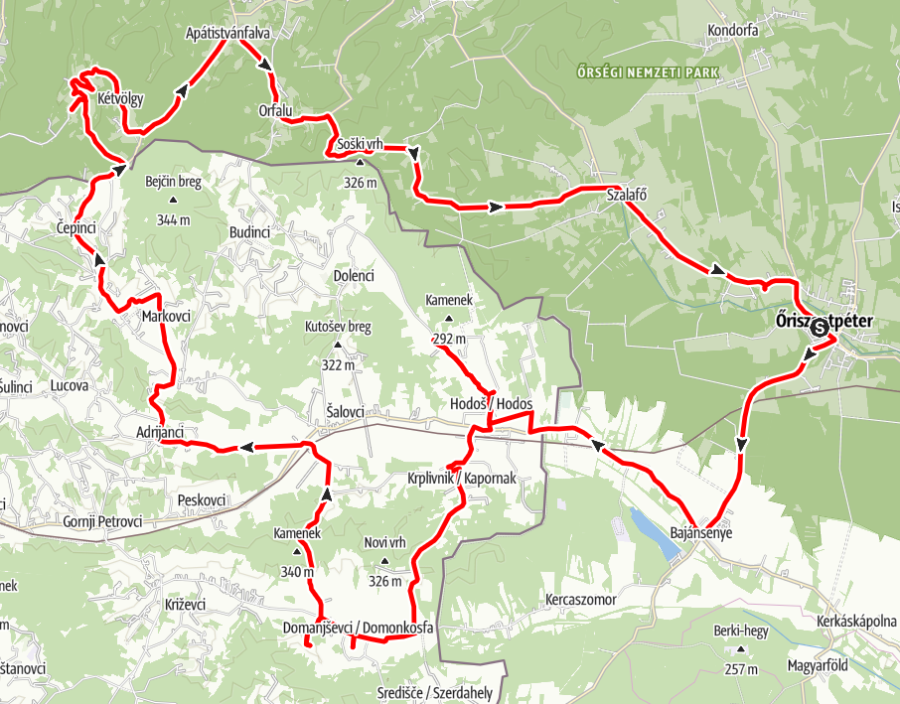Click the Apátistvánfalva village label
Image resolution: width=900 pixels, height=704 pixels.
pos(227,33)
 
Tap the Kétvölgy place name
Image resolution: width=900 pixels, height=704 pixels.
pos(121,99)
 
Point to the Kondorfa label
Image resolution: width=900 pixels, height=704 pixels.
pos(733,31)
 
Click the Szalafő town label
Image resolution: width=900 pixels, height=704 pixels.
pos(627,195)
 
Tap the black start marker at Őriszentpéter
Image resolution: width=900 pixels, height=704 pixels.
pos(820,328)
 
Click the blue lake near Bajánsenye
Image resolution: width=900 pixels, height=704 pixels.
pos(650,531)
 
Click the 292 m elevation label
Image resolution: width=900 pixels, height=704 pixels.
pos(449,339)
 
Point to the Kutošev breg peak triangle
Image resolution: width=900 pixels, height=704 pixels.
pos(338,346)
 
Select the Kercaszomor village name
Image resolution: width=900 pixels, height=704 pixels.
pos(581,600)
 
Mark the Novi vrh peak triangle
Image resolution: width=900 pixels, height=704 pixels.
pos(385,562)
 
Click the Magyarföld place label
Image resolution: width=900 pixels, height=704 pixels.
pos(818,665)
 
